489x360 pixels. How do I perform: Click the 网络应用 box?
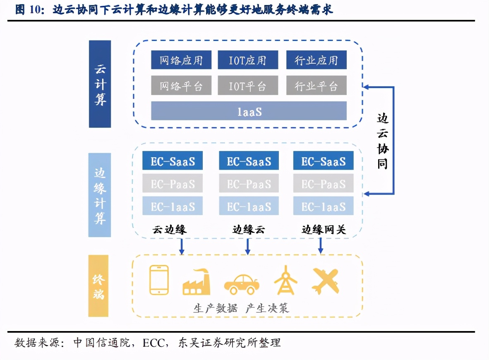point(181,60)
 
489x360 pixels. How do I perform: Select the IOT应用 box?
point(248,60)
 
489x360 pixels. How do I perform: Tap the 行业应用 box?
point(316,60)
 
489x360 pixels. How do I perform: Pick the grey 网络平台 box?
point(181,86)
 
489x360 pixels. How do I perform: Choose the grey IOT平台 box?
point(248,86)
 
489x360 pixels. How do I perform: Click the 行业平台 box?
point(316,86)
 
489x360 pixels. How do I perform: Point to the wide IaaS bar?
point(249,111)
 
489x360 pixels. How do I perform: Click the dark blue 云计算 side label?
point(100,84)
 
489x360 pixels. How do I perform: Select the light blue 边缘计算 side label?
point(100,195)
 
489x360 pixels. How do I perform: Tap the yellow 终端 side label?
point(98,286)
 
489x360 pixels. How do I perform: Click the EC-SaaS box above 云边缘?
point(173,161)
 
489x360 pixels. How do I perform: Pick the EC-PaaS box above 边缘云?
point(249,183)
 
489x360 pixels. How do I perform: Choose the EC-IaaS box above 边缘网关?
point(324,206)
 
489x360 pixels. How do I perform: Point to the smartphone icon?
point(159,280)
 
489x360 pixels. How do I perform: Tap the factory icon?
point(196,282)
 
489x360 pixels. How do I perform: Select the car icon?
point(242,283)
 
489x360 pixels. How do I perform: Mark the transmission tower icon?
point(285,280)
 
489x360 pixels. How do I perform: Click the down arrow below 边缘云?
point(248,247)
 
